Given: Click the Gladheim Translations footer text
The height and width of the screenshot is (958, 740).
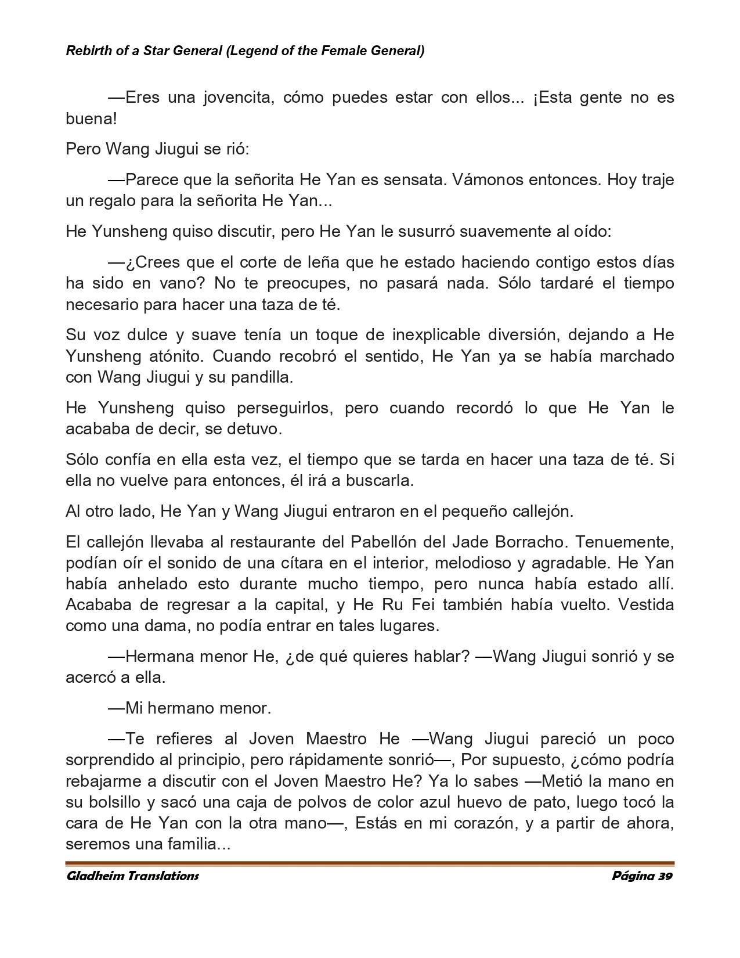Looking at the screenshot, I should click(132, 876).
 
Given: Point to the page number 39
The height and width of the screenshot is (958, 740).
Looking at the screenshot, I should click(665, 876).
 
